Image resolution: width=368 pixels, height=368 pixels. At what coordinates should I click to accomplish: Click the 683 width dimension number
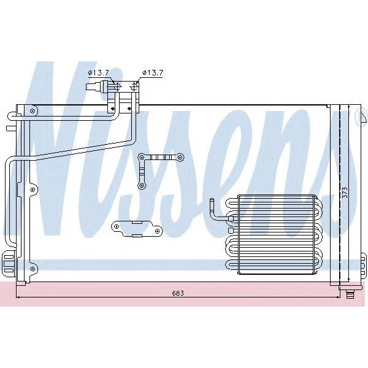tap(178, 293)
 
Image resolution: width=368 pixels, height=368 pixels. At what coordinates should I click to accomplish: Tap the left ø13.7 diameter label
tap(98, 72)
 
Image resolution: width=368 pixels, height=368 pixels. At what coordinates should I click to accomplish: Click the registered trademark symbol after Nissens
tap(359, 119)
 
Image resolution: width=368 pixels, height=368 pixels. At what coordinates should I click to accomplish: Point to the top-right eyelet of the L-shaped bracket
tap(179, 158)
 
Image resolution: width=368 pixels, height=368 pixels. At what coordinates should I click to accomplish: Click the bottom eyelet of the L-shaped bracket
tap(142, 184)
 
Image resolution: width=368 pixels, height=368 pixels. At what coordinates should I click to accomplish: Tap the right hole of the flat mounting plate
tap(158, 231)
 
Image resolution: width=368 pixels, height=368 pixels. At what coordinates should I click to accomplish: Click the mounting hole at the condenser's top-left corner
tap(31, 110)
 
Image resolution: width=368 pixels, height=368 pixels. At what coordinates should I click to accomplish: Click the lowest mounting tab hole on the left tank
tap(31, 267)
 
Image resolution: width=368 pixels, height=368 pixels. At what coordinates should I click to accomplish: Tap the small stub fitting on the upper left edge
tap(9, 129)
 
